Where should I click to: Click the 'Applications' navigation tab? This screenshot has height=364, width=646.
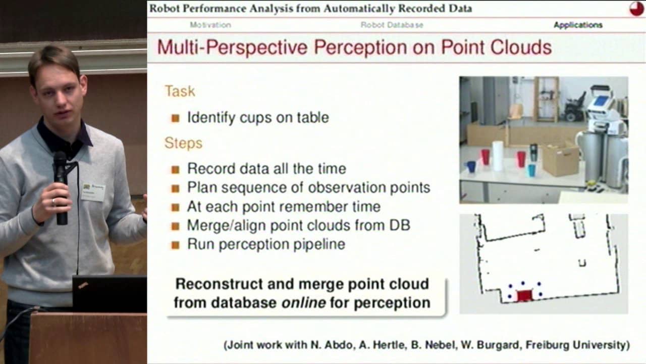tap(578, 25)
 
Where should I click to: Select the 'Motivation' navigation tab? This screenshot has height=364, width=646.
tap(210, 25)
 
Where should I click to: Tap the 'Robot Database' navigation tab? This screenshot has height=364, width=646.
tap(392, 25)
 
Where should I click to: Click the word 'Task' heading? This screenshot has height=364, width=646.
tap(180, 91)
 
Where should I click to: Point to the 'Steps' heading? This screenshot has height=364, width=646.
tap(183, 143)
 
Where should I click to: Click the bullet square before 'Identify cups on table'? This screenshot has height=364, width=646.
tap(175, 118)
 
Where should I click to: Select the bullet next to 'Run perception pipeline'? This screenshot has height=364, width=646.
tap(175, 245)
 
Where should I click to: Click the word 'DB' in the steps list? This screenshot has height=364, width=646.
tap(400, 225)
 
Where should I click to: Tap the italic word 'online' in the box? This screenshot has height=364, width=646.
tap(303, 303)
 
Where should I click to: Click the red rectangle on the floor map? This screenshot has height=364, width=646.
tap(524, 296)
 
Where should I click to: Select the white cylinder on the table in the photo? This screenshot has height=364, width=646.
tap(498, 156)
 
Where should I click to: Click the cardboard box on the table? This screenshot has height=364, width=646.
tap(560, 160)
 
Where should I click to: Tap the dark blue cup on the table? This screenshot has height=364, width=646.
tap(471, 167)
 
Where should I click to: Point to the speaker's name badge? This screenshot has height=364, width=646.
tap(93, 191)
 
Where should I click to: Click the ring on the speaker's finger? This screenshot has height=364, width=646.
tap(53, 202)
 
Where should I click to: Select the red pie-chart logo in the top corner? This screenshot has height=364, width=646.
tap(636, 9)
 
